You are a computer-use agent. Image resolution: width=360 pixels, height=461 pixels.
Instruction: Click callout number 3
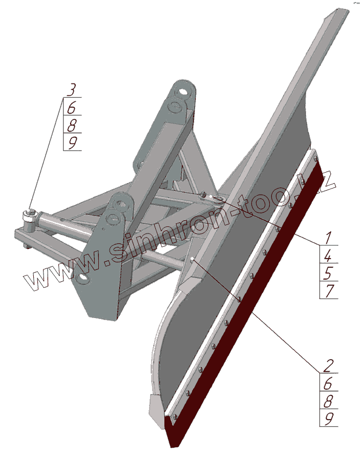(x=72, y=90)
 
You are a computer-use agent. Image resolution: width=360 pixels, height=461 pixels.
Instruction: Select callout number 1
(x=328, y=238)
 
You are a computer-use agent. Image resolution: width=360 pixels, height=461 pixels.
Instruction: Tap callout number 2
(x=328, y=366)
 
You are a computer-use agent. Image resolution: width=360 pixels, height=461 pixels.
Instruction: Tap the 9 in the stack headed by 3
(x=73, y=142)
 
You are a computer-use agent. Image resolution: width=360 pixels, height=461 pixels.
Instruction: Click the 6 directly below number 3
(x=72, y=108)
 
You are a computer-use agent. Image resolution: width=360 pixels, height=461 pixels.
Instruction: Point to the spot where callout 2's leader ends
(x=192, y=260)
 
